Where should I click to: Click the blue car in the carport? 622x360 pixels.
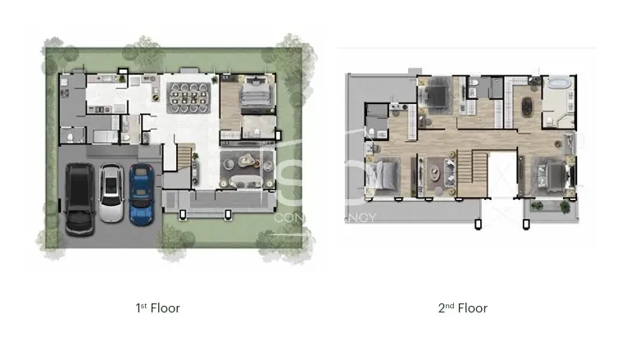coord(141,194)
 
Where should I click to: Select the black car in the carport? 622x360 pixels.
coord(79,198)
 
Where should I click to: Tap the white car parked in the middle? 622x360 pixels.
coord(111,194)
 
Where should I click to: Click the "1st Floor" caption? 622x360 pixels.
coord(157,308)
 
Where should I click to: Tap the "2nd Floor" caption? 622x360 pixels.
coord(463,308)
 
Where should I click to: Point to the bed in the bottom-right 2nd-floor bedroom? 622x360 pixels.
coord(548,175)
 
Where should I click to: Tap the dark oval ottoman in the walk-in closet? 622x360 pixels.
coord(524,107)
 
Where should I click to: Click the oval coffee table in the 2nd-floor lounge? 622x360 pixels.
coord(434,171)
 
